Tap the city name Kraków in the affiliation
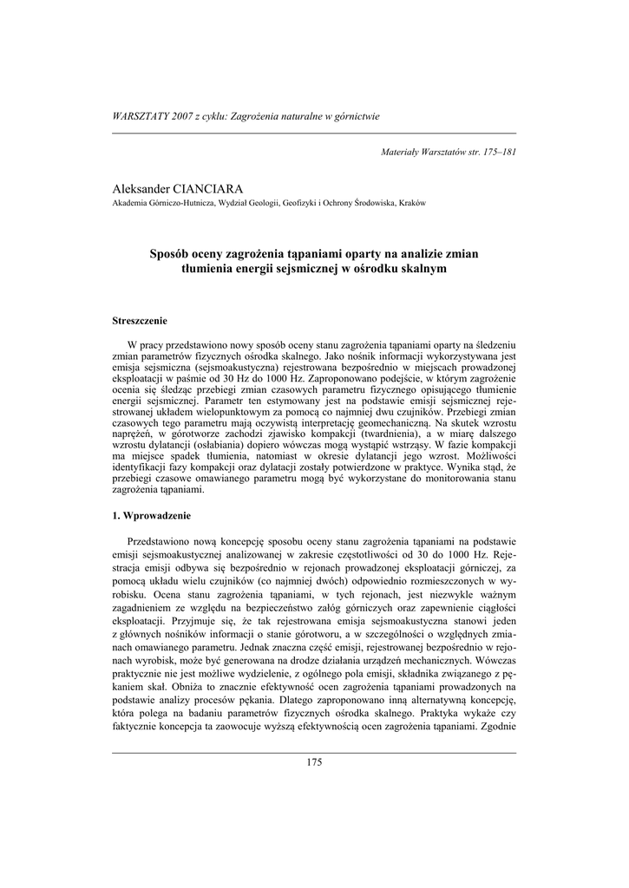pos(411,204)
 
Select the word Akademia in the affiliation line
pos(130,204)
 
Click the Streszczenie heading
pos(140,321)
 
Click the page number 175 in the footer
pos(314,762)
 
